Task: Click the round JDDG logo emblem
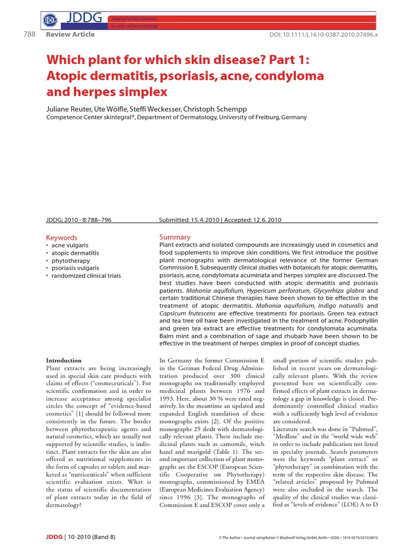point(50,21)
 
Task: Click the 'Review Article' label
point(71,34)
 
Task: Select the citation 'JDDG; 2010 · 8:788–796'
point(79,220)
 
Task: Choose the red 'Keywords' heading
point(62,237)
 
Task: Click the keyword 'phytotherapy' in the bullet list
point(72,260)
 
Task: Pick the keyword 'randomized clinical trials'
point(86,275)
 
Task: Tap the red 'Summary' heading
point(175,237)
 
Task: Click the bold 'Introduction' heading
point(64,360)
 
